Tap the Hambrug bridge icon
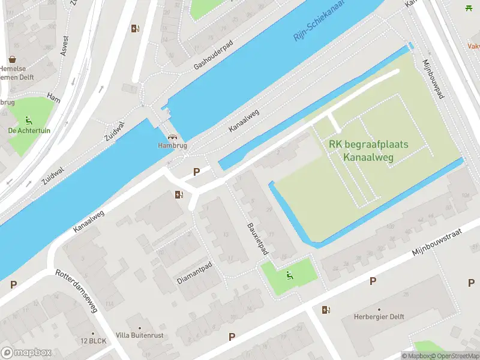(x=173, y=137)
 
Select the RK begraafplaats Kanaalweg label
(x=368, y=151)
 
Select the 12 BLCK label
(x=93, y=341)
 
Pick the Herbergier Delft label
(x=379, y=317)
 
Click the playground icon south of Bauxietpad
(x=289, y=276)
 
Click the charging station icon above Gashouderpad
(x=135, y=28)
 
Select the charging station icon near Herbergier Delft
(x=326, y=310)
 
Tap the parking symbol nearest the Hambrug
(x=196, y=172)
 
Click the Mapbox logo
(x=26, y=353)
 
